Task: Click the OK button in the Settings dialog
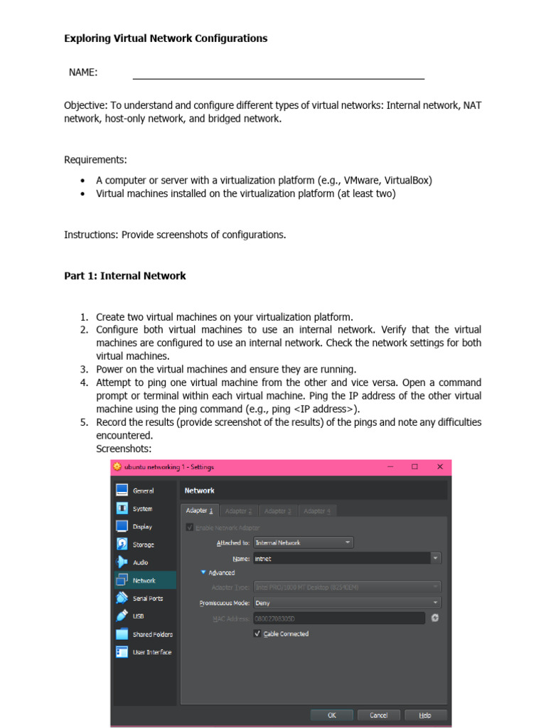coord(331,715)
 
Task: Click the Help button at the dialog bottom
coord(425,715)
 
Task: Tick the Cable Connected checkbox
coord(257,633)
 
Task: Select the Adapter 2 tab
coord(238,510)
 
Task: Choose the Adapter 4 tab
coord(316,510)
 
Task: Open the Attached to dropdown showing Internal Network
coord(304,542)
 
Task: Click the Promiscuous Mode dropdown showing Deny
coord(347,602)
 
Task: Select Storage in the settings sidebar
coord(143,545)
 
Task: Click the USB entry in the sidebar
coord(139,616)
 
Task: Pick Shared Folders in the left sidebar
coord(152,634)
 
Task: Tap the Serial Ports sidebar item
coord(147,599)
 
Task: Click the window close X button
coord(440,467)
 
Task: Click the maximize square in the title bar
coord(414,467)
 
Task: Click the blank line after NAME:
coord(278,74)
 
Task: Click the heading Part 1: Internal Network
coord(125,276)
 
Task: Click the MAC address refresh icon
coord(435,618)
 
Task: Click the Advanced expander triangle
coord(203,572)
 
